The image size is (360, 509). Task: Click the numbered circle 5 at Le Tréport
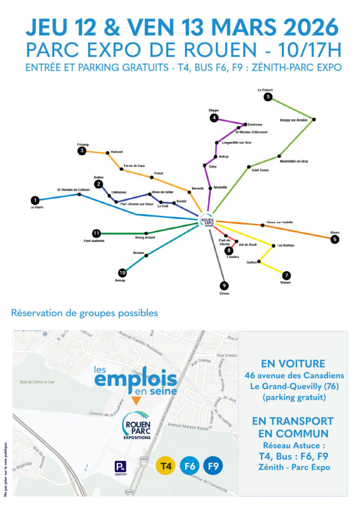(x=269, y=97)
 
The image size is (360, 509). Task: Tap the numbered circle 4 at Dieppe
(x=214, y=118)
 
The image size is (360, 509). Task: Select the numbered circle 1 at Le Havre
(x=35, y=200)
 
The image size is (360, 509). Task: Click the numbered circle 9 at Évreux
(x=224, y=286)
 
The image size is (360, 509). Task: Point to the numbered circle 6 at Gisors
(x=335, y=239)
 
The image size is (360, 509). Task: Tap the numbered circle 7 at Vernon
(x=286, y=275)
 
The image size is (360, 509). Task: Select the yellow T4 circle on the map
(x=166, y=466)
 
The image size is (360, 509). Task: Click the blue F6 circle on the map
(x=189, y=466)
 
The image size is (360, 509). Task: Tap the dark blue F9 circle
(x=213, y=466)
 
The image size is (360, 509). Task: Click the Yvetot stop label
(x=159, y=173)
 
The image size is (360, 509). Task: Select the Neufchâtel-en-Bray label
(x=294, y=162)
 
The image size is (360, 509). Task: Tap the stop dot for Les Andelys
(x=272, y=246)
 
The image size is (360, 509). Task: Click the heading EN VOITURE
(x=293, y=363)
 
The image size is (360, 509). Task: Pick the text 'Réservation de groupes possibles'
(x=85, y=313)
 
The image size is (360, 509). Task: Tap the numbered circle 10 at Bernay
(x=122, y=273)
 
